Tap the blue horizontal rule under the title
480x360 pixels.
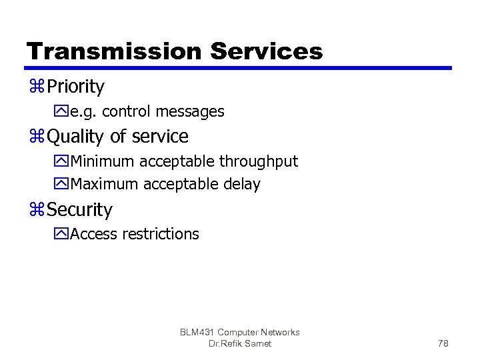tap(239, 68)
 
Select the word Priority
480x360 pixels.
tap(76, 87)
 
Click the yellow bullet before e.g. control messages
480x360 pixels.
tap(63, 111)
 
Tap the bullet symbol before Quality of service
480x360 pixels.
tap(36, 137)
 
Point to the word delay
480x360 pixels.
tap(242, 184)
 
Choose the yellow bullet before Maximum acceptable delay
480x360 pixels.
tap(63, 184)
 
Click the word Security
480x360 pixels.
tap(80, 210)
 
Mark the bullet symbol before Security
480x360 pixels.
tap(36, 210)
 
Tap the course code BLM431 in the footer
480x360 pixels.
tap(199, 332)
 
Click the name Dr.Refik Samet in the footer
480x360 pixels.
tap(240, 343)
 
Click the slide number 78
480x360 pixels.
tap(443, 343)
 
